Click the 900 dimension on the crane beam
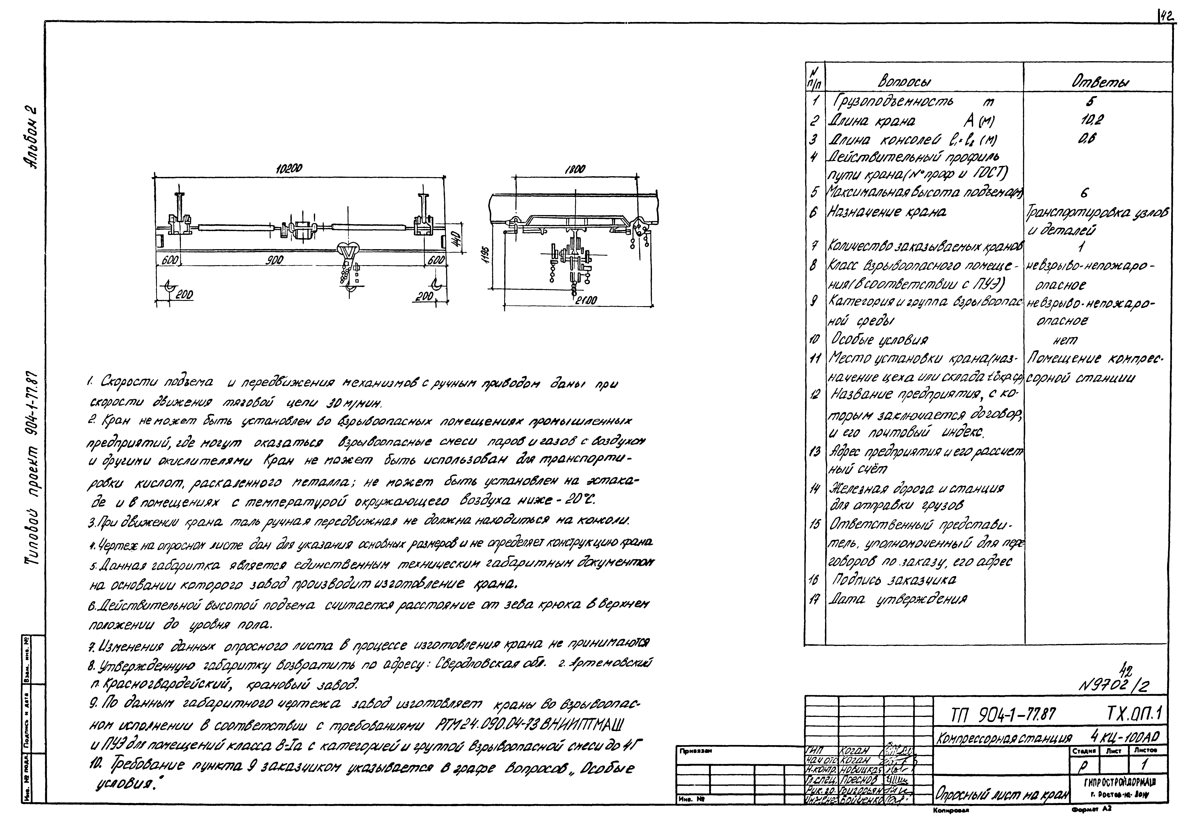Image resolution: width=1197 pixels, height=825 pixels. coord(274,261)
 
